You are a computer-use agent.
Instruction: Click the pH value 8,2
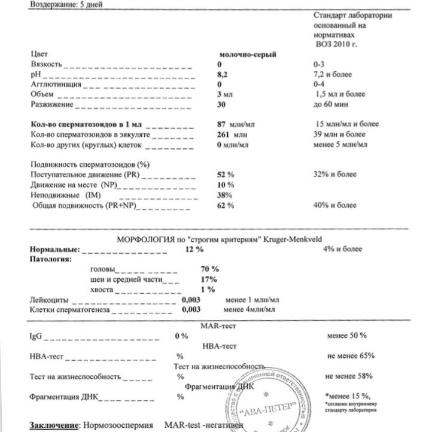(x=223, y=74)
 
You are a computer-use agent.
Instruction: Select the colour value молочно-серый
(x=247, y=54)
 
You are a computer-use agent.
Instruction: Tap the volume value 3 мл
(x=224, y=95)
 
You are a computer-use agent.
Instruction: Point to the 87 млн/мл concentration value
(x=235, y=124)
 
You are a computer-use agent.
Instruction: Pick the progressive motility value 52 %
(x=225, y=175)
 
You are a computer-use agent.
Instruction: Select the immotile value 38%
(x=224, y=195)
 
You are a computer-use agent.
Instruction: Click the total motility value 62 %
(x=225, y=206)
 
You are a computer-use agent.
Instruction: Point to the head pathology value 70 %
(x=210, y=269)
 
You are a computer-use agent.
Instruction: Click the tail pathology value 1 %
(x=208, y=289)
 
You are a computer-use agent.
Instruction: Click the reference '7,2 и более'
(x=332, y=74)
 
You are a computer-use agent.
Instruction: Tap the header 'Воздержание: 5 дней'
(x=58, y=4)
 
